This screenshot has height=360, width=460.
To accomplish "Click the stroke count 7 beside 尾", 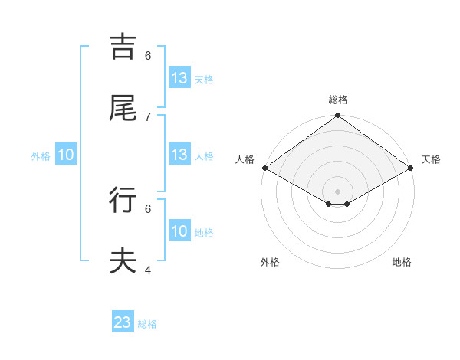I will (x=148, y=116).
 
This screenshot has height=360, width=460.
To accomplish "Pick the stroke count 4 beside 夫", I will (x=148, y=270).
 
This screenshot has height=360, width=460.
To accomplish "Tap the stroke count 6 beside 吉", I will (x=148, y=55).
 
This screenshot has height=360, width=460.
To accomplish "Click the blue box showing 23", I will (x=123, y=322).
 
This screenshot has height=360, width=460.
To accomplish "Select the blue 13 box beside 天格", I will (x=179, y=78).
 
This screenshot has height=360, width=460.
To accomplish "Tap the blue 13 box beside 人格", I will (x=179, y=155).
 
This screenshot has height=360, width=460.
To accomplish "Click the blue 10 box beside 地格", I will (x=179, y=231).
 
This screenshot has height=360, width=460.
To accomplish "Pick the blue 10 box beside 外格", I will (x=66, y=155).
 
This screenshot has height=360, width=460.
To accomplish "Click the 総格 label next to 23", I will (x=147, y=324).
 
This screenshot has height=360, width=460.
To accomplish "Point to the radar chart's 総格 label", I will (x=338, y=100).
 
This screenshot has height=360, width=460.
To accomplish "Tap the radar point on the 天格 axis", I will (x=412, y=168).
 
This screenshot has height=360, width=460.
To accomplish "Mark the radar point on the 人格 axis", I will (x=264, y=168).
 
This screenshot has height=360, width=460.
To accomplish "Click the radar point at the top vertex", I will (x=338, y=116).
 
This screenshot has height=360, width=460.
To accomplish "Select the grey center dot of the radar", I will (x=338, y=190).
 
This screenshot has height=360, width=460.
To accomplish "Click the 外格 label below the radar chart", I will (x=270, y=263).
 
